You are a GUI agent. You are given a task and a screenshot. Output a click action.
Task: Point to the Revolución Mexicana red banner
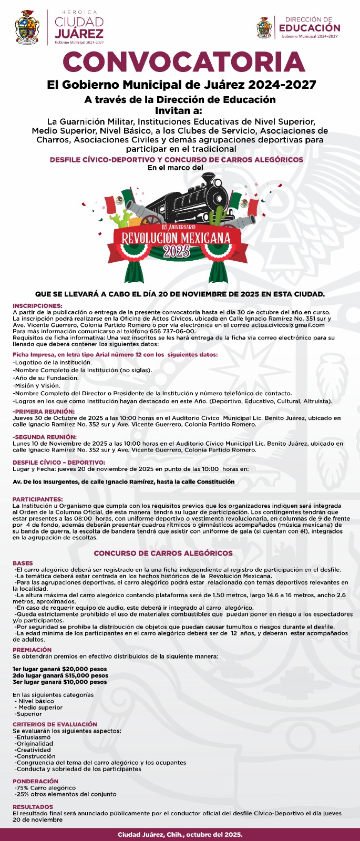point(176,238)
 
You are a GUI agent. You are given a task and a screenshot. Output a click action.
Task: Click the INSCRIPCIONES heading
point(37,305)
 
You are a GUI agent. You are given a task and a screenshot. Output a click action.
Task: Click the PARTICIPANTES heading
point(38,499)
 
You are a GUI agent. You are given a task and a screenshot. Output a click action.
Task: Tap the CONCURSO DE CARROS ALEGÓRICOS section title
point(163,553)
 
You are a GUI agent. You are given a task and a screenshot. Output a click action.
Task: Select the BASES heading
point(23,563)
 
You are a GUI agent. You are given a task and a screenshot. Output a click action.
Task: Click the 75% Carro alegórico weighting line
point(46,788)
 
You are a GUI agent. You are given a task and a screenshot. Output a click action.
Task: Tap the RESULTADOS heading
point(33,806)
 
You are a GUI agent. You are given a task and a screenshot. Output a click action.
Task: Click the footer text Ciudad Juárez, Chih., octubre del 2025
point(180,835)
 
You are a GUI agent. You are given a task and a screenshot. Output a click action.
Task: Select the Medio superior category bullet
point(37,707)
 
